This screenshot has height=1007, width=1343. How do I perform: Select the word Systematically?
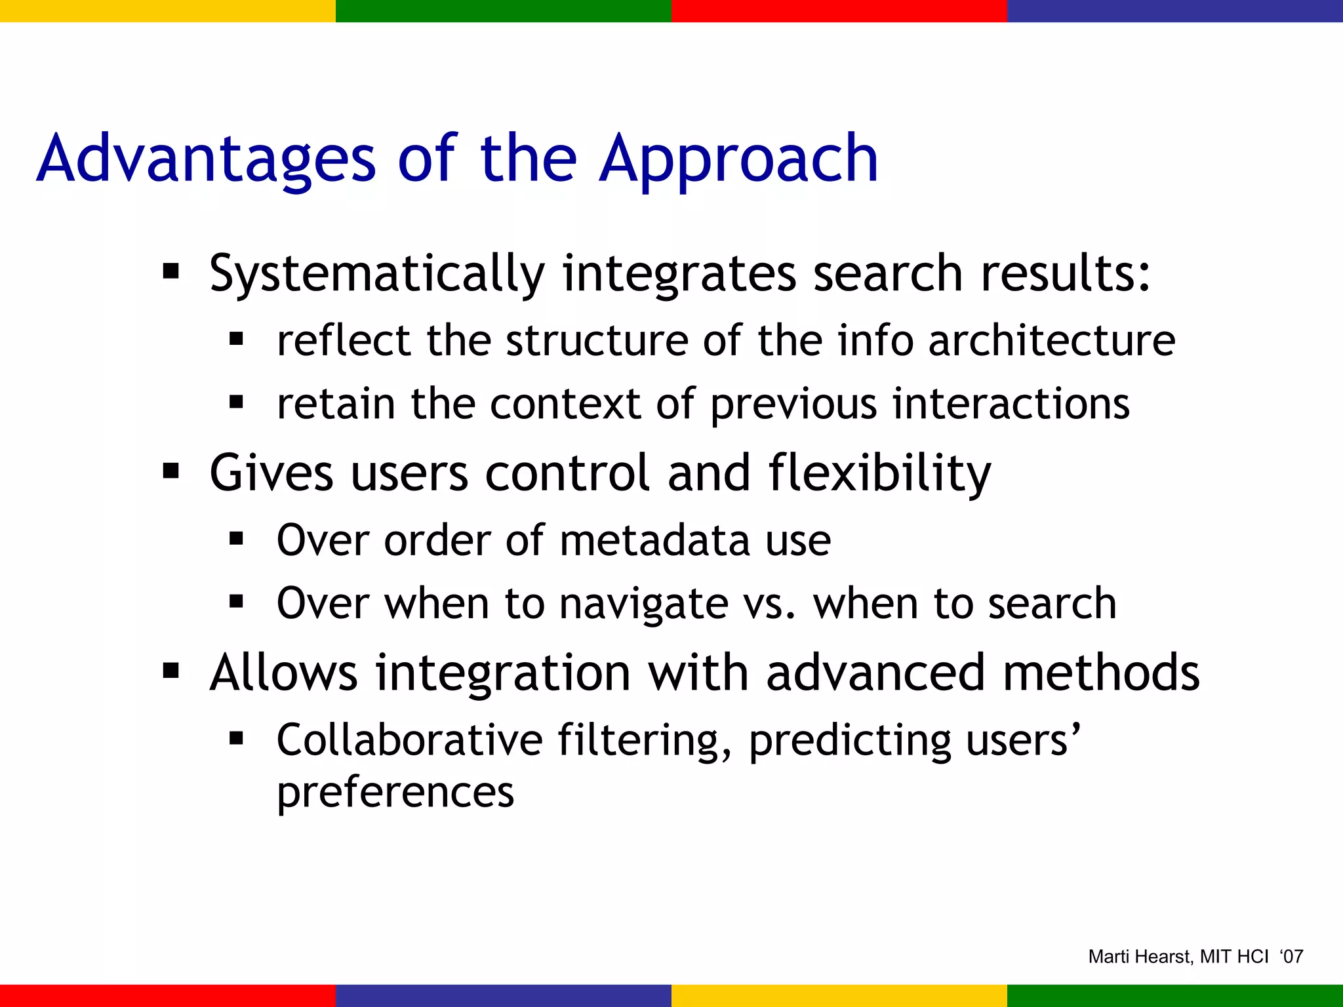tap(377, 274)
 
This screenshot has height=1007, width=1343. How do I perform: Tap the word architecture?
tap(1052, 341)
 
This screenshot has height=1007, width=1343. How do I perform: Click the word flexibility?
tap(879, 473)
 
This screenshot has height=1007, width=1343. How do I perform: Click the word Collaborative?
tap(410, 740)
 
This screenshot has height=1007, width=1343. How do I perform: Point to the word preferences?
tap(395, 792)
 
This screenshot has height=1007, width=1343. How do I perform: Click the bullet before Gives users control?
tap(171, 471)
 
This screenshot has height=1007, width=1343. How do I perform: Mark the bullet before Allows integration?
tap(171, 671)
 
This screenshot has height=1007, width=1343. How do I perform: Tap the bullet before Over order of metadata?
tap(237, 539)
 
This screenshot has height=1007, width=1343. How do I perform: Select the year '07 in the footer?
tap(1291, 957)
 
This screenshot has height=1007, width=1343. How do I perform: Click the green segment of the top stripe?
tap(504, 10)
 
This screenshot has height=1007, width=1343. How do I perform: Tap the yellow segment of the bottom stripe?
tap(839, 995)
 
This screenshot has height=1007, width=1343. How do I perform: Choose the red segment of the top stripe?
tap(839, 10)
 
